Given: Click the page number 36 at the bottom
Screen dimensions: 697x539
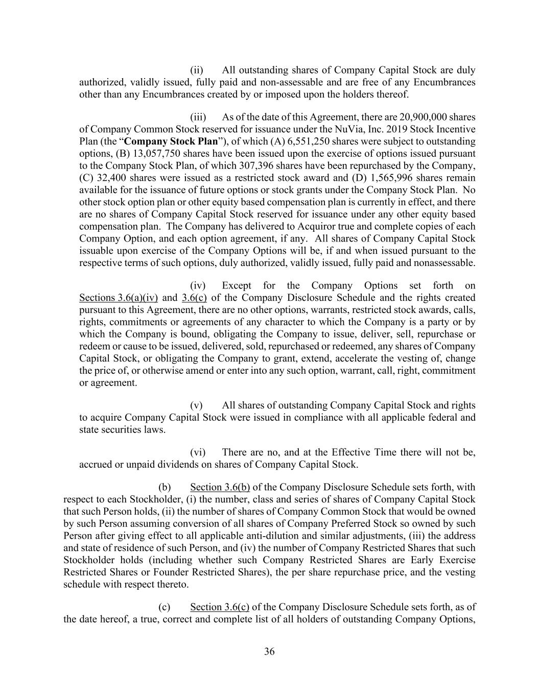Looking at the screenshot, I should coord(269,652).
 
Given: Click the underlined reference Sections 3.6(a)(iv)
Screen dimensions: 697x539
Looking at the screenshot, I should coord(119,298).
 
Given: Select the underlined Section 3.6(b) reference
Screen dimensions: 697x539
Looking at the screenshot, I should coord(220,487).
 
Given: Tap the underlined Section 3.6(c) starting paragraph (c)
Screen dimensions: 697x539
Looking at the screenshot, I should coord(220,607).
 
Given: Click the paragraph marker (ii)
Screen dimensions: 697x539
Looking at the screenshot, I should coord(197,70).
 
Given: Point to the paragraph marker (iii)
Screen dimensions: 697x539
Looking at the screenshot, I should coord(198,117).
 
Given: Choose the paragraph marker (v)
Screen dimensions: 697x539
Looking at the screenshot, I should coord(197,405).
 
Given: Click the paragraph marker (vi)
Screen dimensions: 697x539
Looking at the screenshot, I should coord(198,452).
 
